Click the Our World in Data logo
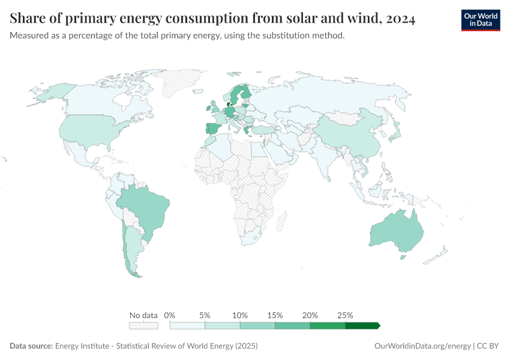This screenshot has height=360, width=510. coord(480,20)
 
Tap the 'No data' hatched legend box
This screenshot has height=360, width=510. coord(143,326)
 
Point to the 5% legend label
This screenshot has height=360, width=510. coord(205,315)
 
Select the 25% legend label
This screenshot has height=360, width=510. coord(345,315)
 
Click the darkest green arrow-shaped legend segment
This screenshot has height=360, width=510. coord(362,326)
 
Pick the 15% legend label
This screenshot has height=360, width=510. coord(275,315)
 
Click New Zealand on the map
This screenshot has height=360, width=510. coord(435,256)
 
